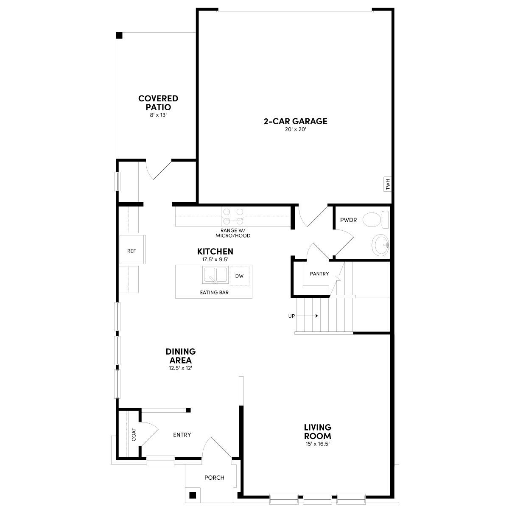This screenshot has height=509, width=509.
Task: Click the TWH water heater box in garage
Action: [x=387, y=184]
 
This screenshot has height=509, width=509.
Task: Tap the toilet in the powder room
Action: [x=376, y=220]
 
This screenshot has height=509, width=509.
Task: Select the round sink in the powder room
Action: [x=380, y=245]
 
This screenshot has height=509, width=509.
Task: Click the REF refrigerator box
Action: [x=132, y=251]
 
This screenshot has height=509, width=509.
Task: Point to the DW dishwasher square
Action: [x=239, y=276]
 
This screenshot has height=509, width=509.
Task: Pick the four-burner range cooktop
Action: [x=233, y=215]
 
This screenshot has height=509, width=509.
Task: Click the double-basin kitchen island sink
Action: [x=215, y=275]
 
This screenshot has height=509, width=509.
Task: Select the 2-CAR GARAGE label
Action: [x=296, y=121]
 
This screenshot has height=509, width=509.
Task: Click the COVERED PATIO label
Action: [x=158, y=103]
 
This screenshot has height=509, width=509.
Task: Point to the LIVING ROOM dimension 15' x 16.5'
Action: [x=317, y=444]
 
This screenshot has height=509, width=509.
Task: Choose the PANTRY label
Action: [x=319, y=274]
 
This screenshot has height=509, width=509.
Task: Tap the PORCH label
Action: [x=214, y=478]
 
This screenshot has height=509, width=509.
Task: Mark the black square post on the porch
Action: [x=193, y=495]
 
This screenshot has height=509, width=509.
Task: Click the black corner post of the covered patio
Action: [x=119, y=35]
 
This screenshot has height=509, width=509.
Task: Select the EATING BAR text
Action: [x=214, y=292]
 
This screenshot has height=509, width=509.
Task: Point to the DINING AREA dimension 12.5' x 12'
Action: [x=181, y=368]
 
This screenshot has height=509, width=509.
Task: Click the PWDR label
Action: [x=348, y=220]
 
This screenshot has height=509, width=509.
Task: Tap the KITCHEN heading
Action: [x=215, y=252]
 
